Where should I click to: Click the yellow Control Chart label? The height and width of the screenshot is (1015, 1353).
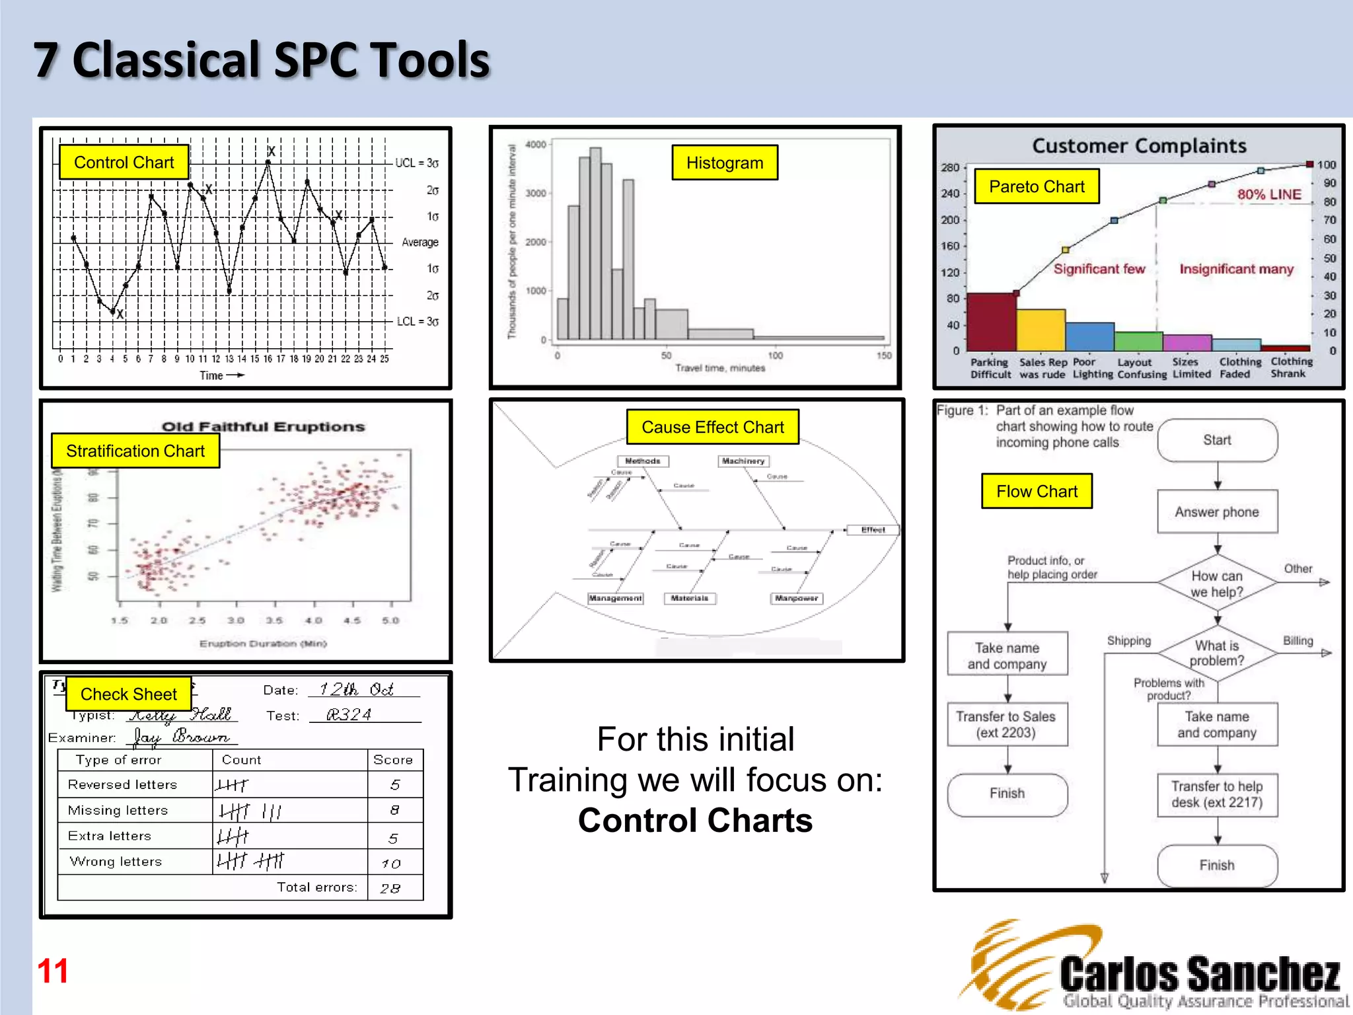[x=124, y=163]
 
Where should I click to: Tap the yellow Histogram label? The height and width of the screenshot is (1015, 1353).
[x=725, y=163]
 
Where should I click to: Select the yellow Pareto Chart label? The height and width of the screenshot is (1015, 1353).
[x=1037, y=187]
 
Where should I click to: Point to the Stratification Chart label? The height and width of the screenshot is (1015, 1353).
[x=135, y=451]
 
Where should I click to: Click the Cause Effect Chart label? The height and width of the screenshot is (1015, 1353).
[x=713, y=428]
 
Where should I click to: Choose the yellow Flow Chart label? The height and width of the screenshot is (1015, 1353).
[x=1037, y=492]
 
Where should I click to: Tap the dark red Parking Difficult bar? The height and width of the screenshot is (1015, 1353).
[x=991, y=322]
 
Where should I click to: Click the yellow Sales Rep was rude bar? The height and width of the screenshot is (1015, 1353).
[x=1041, y=330]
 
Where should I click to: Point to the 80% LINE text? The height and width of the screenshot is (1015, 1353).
[x=1269, y=195]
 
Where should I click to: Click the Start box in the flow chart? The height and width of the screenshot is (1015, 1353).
[x=1217, y=441]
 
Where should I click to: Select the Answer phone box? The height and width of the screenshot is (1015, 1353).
[x=1217, y=512]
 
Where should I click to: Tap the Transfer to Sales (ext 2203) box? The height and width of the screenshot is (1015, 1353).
[x=1007, y=725]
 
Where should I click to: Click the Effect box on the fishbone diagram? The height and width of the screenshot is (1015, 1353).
[x=873, y=530]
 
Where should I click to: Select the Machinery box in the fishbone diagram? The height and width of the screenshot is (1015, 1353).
[x=743, y=461]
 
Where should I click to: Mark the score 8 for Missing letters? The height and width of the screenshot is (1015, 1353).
[x=394, y=810]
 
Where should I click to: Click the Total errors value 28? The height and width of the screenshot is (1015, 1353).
[x=390, y=889]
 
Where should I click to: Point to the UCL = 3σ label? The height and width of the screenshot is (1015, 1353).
[x=417, y=163]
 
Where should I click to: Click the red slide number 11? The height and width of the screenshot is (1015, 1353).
[x=53, y=971]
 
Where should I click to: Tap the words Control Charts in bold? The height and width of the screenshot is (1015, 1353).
[x=695, y=821]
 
